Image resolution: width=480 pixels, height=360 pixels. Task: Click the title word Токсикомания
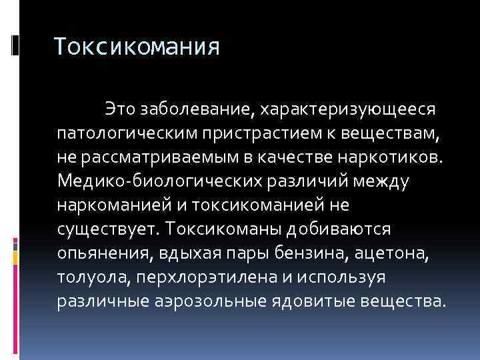(136, 47)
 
